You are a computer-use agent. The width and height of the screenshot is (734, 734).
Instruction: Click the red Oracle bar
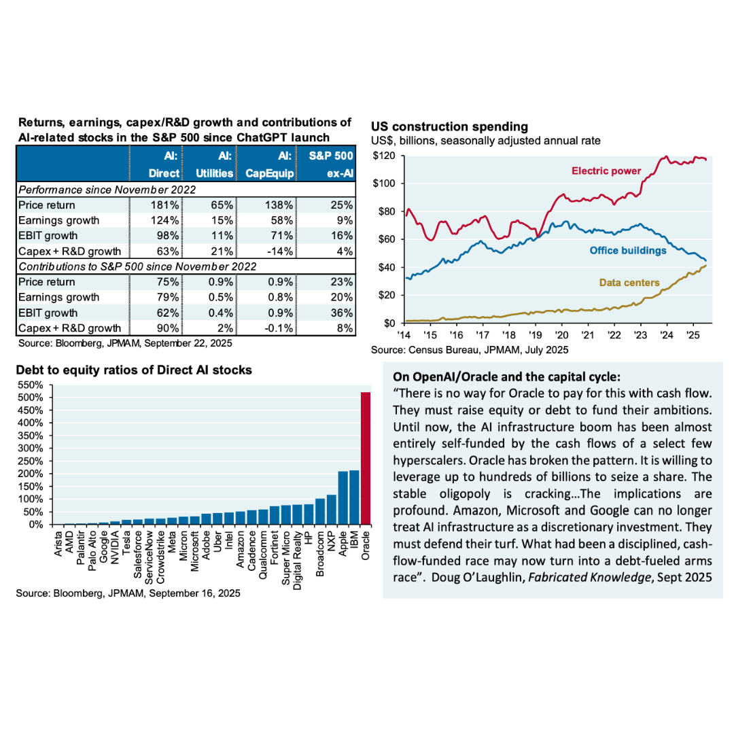click(x=365, y=459)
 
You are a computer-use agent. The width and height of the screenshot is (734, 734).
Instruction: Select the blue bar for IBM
click(x=354, y=497)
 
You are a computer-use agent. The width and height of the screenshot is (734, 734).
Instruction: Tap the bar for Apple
click(x=343, y=498)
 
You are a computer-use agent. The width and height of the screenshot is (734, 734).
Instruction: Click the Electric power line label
click(x=606, y=171)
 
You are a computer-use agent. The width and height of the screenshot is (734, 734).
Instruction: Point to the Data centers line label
click(x=627, y=281)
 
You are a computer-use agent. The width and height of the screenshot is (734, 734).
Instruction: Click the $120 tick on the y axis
click(x=385, y=156)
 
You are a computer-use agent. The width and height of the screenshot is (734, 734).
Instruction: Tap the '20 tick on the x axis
click(x=561, y=336)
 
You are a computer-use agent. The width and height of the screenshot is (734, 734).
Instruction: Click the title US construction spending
click(x=449, y=126)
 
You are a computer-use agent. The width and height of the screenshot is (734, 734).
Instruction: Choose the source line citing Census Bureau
click(x=470, y=350)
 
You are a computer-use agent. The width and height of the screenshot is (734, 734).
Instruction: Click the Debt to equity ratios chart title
click(x=134, y=370)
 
